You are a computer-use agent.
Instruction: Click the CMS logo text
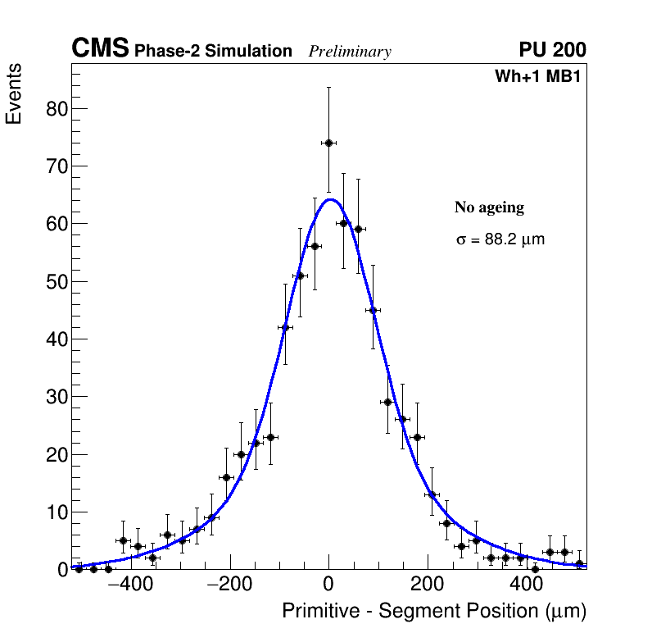click(100, 49)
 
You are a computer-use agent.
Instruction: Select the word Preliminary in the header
click(350, 52)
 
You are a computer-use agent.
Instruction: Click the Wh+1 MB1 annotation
click(537, 77)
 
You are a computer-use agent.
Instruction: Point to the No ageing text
click(489, 208)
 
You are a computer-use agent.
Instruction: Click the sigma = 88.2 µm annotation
click(500, 240)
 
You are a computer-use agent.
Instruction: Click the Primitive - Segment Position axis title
click(434, 612)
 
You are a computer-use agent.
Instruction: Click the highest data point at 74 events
click(328, 143)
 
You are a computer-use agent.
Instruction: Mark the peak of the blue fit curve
click(330, 199)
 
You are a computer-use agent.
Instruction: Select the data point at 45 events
click(373, 310)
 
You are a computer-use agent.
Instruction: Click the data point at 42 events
click(285, 327)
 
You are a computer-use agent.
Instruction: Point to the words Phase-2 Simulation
click(213, 52)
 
